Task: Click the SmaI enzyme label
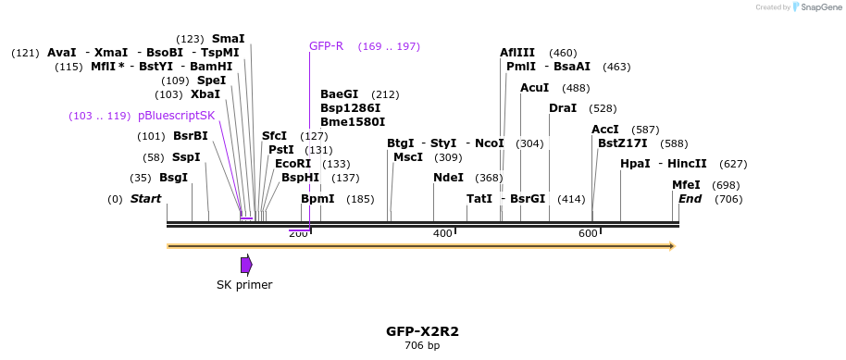click(228, 39)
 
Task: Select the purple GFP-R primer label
click(326, 46)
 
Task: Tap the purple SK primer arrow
click(246, 265)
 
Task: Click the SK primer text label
click(244, 285)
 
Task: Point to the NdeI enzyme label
click(448, 178)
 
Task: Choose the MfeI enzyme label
click(686, 185)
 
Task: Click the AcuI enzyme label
click(534, 88)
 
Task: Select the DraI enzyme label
click(562, 108)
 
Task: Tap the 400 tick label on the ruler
click(442, 233)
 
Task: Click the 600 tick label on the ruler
click(588, 233)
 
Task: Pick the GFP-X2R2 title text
click(422, 330)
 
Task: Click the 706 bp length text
click(422, 346)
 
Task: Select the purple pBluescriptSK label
click(176, 116)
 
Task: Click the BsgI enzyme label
click(173, 178)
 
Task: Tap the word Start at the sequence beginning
click(145, 199)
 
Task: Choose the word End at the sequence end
click(690, 199)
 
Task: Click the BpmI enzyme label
click(317, 199)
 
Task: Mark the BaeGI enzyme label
click(339, 94)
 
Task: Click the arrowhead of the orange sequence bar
click(672, 246)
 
